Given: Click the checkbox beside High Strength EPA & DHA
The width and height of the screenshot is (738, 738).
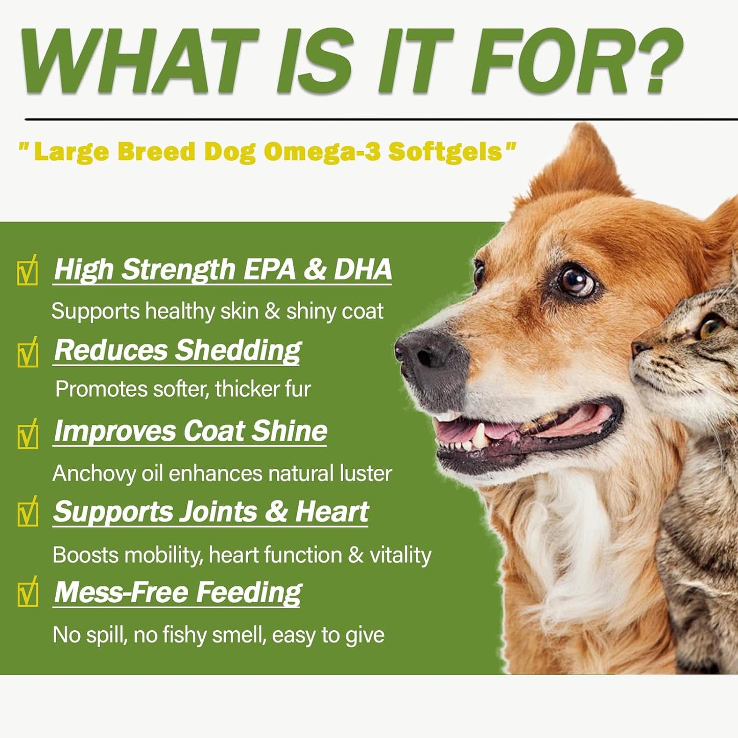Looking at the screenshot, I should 28,271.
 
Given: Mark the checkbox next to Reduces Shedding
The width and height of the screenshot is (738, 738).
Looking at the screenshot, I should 28,352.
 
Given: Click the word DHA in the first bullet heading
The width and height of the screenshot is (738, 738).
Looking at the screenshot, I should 363,269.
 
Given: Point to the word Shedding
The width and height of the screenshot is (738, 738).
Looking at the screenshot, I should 239,351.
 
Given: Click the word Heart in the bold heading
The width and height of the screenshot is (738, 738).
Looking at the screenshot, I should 332,512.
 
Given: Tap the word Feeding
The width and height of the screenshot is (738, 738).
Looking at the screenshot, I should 249,593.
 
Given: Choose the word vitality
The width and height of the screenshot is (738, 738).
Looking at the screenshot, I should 400,555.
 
